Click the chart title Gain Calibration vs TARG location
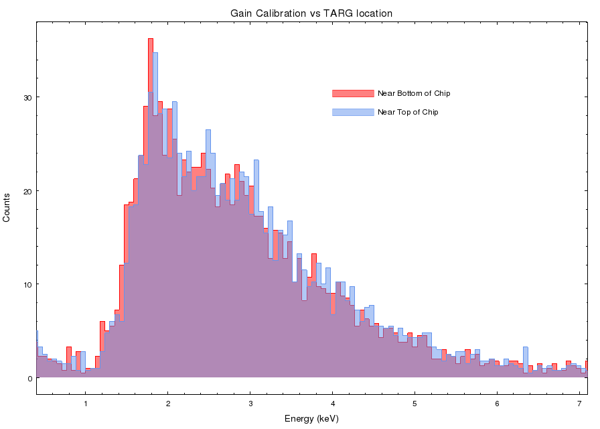[311, 13]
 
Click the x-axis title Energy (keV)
[311, 419]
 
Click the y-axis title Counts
[7, 208]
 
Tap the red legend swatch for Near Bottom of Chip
[352, 93]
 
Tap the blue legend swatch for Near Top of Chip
[352, 112]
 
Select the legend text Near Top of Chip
[408, 112]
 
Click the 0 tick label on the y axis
[29, 378]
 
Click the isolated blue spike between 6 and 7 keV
[526, 349]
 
